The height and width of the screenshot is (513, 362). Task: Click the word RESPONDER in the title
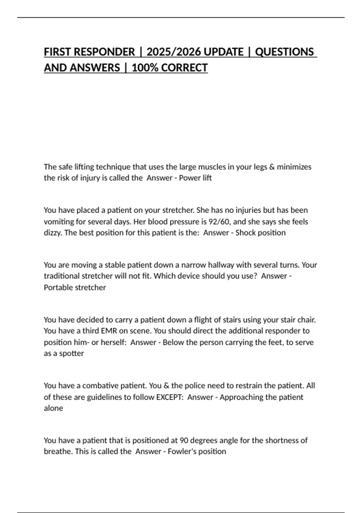point(104,52)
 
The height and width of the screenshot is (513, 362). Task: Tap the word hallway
point(219,265)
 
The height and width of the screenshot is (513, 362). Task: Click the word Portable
point(58,288)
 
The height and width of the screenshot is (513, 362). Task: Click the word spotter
point(71,353)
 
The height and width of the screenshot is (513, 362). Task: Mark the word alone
point(53,408)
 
